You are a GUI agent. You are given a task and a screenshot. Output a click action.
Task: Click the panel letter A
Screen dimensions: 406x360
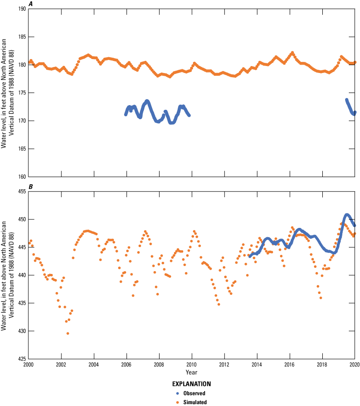coord(31,4)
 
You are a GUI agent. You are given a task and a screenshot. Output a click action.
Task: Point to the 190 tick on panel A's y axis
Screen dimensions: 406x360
coord(20,9)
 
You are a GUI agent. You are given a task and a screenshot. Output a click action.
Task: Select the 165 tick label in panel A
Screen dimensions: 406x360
coord(20,149)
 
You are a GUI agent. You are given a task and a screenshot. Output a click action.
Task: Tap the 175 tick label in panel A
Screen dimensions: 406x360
coord(20,93)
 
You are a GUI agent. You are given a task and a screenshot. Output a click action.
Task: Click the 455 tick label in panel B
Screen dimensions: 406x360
coord(20,192)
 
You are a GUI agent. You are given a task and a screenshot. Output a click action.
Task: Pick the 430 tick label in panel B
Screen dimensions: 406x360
coord(20,331)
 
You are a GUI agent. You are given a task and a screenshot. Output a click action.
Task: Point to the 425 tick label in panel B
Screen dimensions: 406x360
coord(20,359)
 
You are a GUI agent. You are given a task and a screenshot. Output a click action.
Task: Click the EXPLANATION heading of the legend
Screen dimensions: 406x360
coord(192,384)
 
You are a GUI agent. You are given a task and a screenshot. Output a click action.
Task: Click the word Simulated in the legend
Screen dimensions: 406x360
coord(195,402)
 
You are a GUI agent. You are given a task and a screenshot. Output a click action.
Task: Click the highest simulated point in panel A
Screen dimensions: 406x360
coord(293,53)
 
